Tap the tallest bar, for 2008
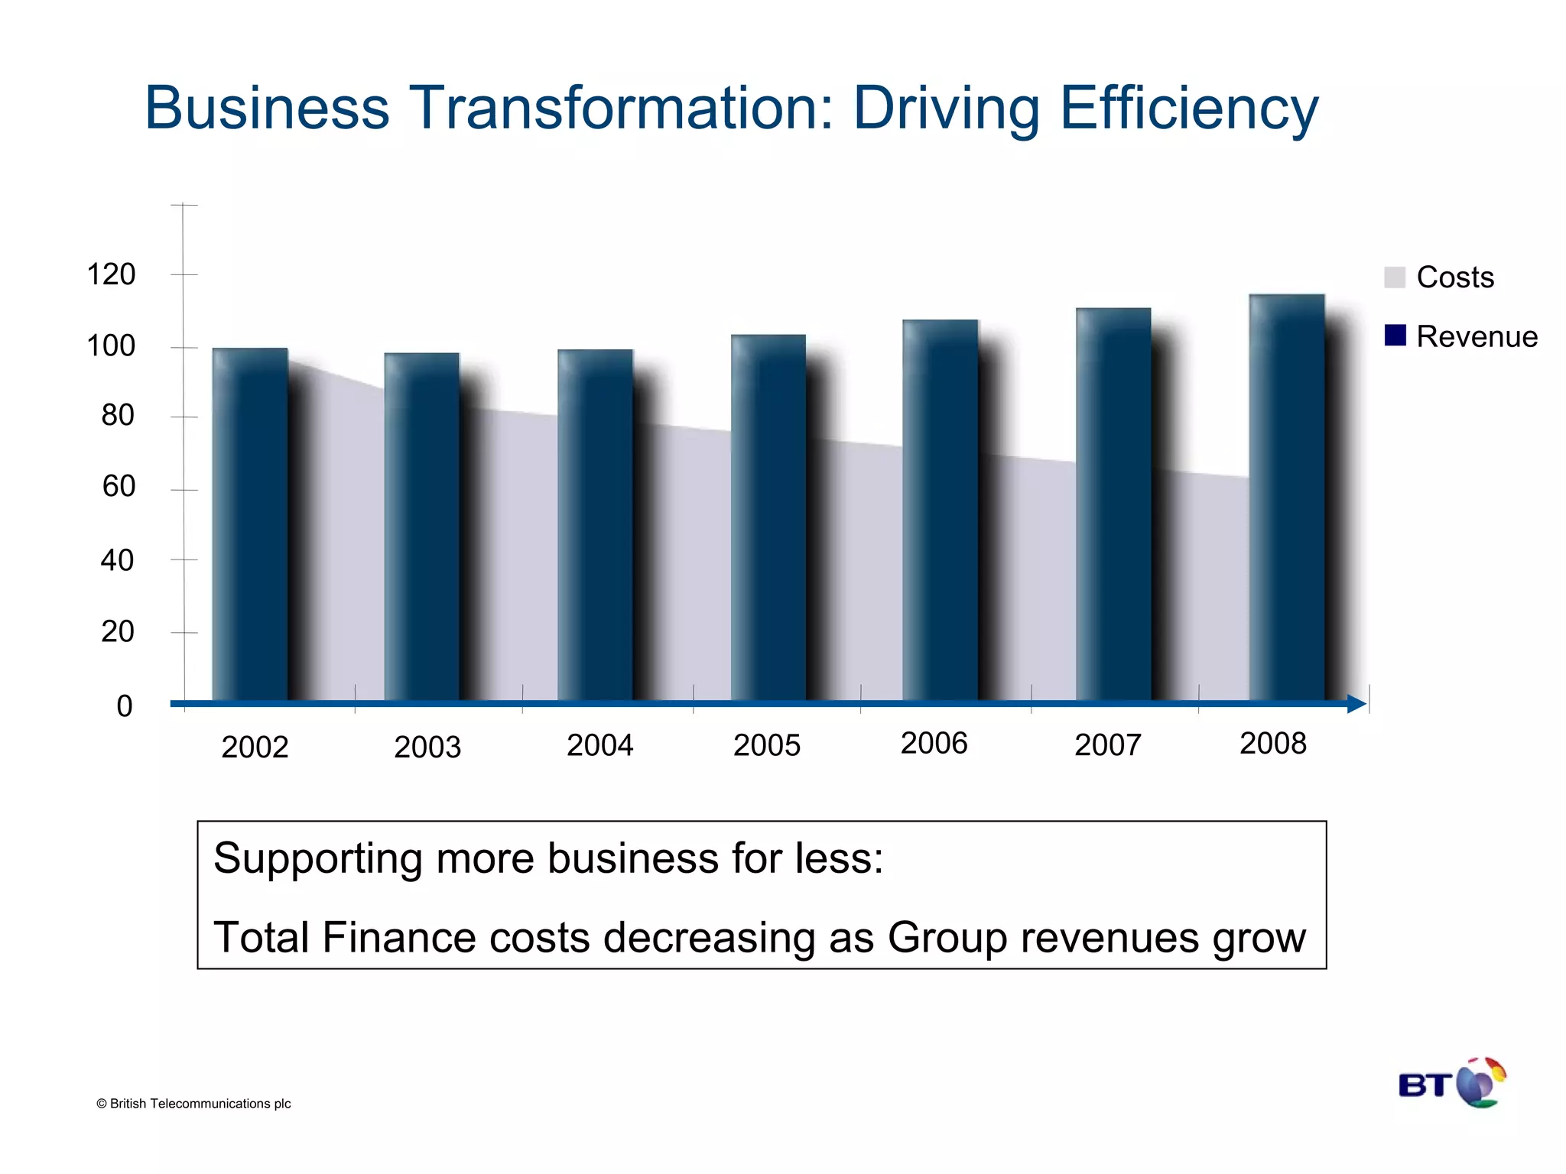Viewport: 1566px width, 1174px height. [1287, 497]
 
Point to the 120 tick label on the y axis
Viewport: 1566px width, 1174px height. [111, 274]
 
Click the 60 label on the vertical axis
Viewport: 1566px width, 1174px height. [119, 486]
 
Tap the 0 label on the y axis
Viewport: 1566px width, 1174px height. [124, 705]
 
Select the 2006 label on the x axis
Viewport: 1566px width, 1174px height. [934, 743]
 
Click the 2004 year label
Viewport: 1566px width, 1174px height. [599, 745]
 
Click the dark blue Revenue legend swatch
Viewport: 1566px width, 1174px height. [1395, 336]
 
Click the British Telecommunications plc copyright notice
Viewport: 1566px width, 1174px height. [193, 1104]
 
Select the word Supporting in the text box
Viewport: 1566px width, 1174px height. [317, 859]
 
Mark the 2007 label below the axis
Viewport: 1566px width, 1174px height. [1107, 745]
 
